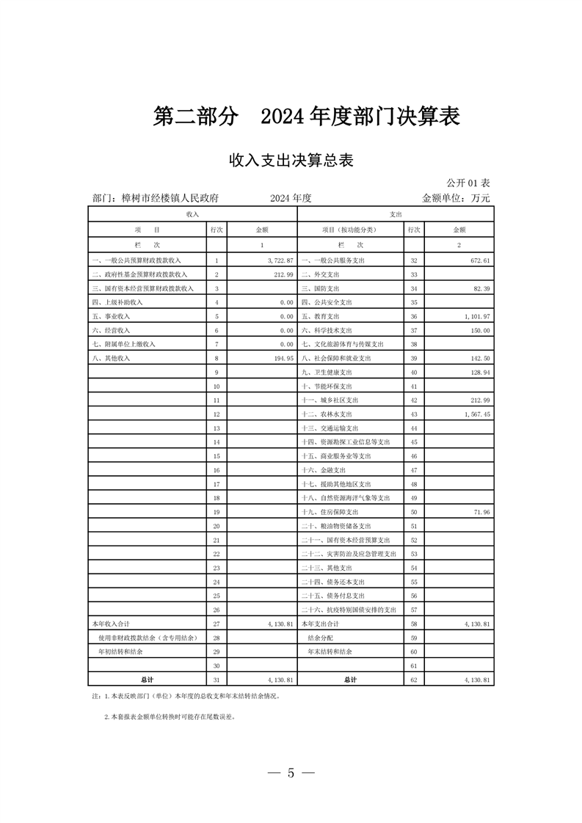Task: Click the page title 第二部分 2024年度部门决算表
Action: click(x=306, y=117)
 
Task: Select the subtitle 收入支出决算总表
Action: click(x=291, y=161)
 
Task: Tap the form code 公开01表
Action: click(x=468, y=183)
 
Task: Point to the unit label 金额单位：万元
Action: click(x=455, y=198)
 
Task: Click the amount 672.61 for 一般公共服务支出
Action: click(x=478, y=260)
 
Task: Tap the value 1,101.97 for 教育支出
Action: click(x=475, y=316)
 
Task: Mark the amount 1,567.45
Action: click(x=475, y=414)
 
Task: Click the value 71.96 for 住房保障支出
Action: click(x=479, y=512)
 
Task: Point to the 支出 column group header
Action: click(x=396, y=213)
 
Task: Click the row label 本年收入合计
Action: click(x=110, y=623)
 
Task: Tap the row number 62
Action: click(x=414, y=680)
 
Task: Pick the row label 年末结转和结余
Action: click(x=330, y=651)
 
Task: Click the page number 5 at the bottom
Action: click(x=291, y=772)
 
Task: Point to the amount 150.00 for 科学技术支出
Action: click(x=478, y=330)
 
